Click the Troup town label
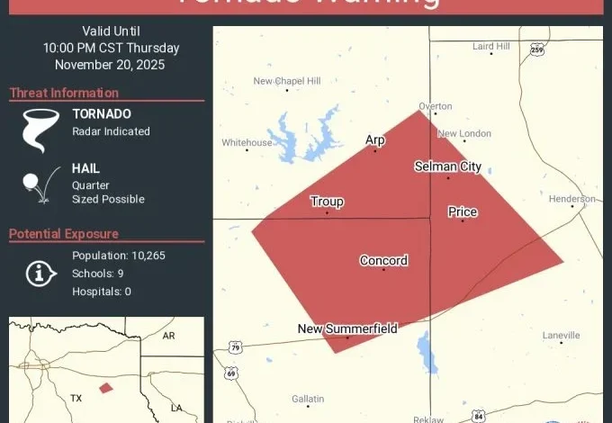click(x=327, y=202)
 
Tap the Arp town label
click(x=374, y=139)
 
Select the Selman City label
click(x=447, y=166)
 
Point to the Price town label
click(x=463, y=212)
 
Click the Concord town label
click(x=383, y=261)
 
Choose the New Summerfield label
click(x=347, y=328)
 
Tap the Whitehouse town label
click(x=247, y=142)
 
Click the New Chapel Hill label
click(x=287, y=81)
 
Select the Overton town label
click(x=436, y=106)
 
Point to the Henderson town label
click(x=572, y=199)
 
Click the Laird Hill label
click(x=491, y=46)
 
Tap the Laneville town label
click(x=562, y=336)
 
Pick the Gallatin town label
click(x=307, y=399)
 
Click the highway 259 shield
click(x=537, y=49)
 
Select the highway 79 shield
click(x=236, y=346)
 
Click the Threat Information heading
click(x=64, y=93)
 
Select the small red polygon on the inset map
click(x=106, y=388)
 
